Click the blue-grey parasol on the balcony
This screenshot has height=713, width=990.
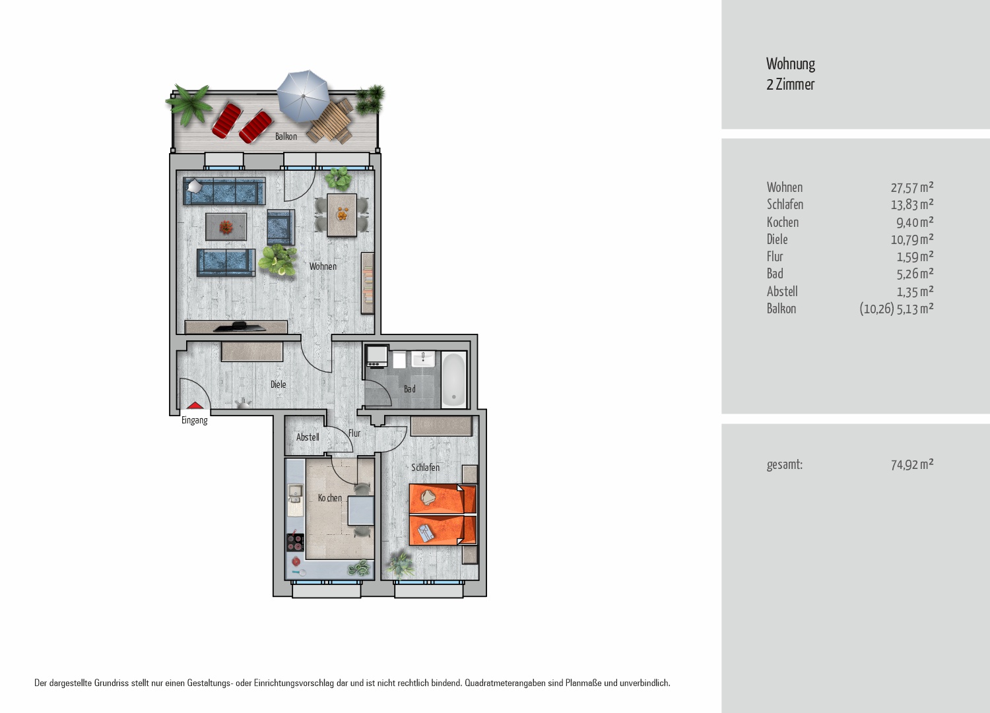coord(303,96)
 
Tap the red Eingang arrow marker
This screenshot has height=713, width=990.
coord(195,406)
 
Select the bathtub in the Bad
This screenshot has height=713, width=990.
coord(454,379)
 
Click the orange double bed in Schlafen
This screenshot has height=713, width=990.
coord(443,514)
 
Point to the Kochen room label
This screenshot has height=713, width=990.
coord(330,498)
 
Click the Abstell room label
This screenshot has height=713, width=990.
coord(308,437)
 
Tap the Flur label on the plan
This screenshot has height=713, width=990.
coord(354,433)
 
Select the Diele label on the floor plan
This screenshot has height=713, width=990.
coord(278,385)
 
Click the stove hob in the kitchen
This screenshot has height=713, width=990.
coord(295,542)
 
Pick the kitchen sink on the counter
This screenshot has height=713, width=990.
coord(295,494)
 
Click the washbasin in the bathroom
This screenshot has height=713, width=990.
coord(424,359)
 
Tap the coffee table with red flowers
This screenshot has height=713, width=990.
coord(226,227)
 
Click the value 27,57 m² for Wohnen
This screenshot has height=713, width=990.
coord(911,187)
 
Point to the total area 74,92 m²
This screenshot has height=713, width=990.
coord(911,464)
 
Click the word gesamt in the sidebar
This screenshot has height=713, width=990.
coord(785,465)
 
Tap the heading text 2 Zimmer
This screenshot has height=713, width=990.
coord(790,84)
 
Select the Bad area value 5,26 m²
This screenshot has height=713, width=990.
coord(915,274)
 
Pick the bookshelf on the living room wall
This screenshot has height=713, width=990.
coord(367,283)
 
